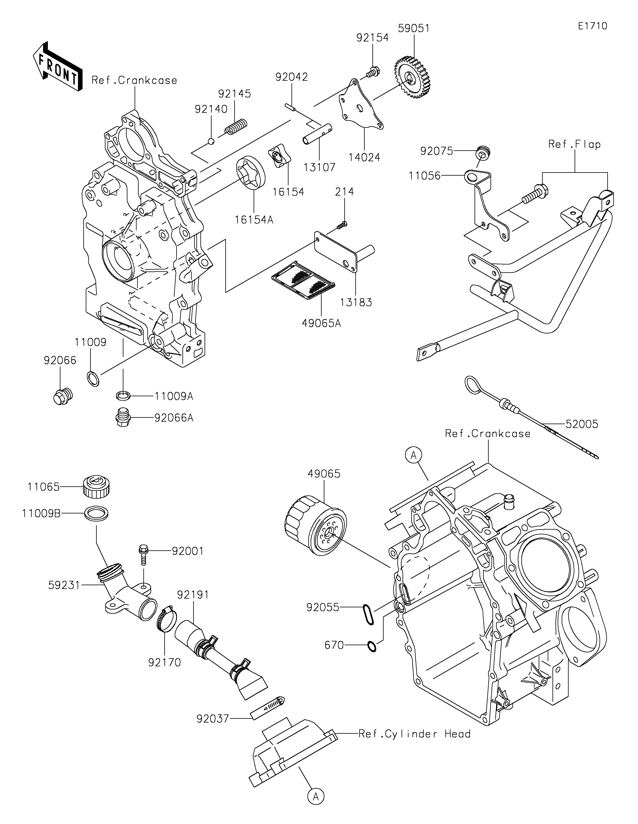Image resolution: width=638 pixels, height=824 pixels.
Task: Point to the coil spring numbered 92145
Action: (236, 126)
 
